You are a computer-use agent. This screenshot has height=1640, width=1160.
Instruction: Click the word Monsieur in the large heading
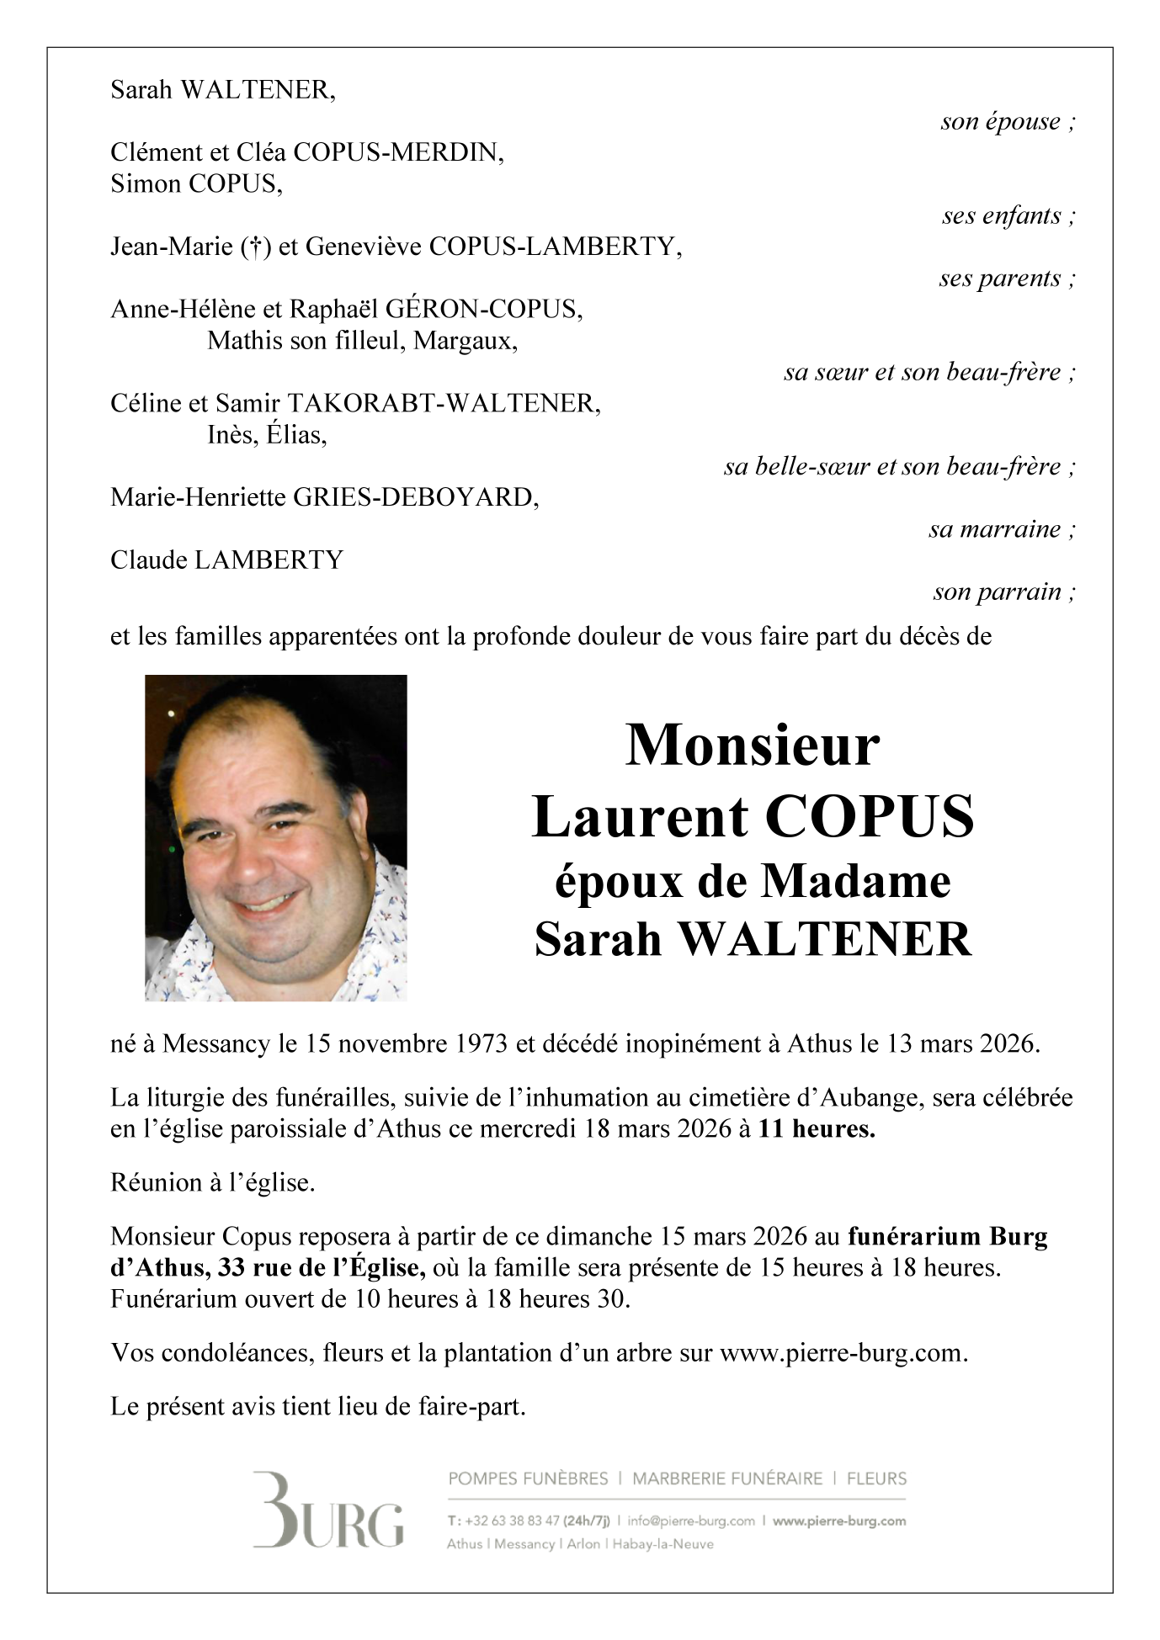click(752, 746)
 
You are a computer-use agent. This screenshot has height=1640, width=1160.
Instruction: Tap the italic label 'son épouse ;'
click(1008, 122)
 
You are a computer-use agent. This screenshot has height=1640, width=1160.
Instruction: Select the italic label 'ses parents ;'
click(1007, 279)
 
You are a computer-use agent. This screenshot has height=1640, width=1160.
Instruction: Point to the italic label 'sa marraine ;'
click(1002, 529)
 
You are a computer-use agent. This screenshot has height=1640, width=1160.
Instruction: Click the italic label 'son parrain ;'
click(1003, 592)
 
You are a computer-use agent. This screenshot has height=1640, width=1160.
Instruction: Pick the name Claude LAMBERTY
click(226, 560)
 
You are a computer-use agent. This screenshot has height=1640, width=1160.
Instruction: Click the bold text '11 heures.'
click(816, 1129)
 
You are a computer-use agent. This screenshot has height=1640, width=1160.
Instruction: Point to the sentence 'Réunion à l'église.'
click(212, 1183)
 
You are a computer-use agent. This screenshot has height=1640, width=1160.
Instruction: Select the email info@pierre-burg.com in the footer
click(690, 1521)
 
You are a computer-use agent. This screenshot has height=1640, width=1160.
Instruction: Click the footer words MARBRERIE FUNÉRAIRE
click(727, 1478)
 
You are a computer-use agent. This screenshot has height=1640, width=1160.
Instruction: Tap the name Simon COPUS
click(195, 184)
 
